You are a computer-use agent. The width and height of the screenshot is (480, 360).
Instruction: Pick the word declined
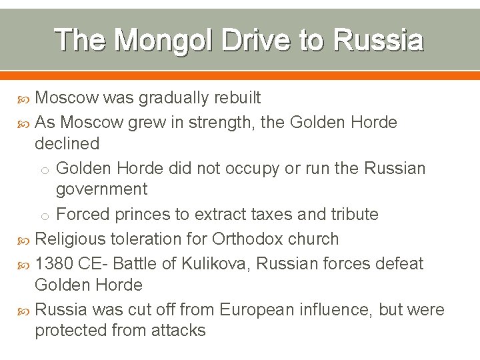click(67, 143)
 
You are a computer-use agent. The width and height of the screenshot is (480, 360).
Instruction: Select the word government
click(101, 189)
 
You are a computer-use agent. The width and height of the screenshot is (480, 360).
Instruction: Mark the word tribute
click(350, 214)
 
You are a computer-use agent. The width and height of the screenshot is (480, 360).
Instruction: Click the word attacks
click(179, 330)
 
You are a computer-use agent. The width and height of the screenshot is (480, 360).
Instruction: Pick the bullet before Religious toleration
click(25, 239)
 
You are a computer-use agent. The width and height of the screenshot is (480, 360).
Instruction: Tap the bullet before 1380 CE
click(25, 264)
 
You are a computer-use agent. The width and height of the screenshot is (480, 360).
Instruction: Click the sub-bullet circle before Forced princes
click(48, 215)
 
